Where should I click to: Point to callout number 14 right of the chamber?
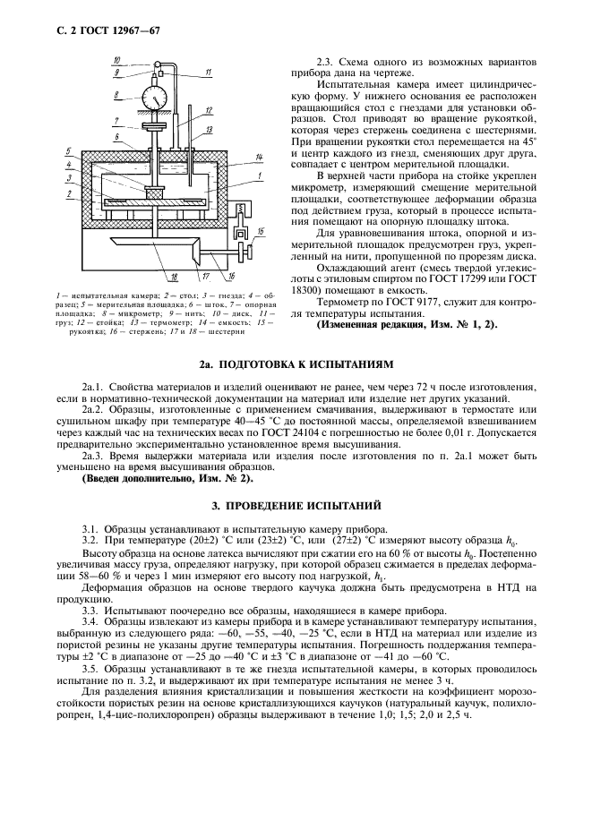click(x=257, y=158)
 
